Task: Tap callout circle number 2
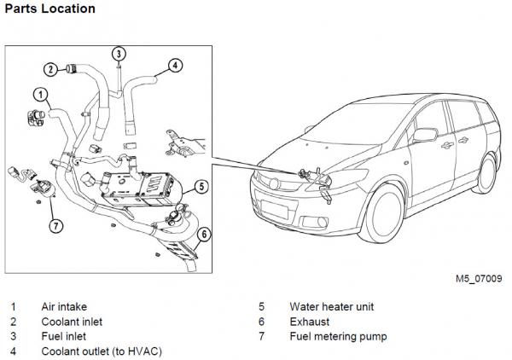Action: pyautogui.click(x=51, y=69)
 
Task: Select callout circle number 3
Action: pyautogui.click(x=119, y=53)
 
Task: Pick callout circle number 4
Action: pyautogui.click(x=174, y=64)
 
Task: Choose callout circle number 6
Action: pyautogui.click(x=204, y=234)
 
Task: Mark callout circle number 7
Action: pyautogui.click(x=55, y=226)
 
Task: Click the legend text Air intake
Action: pyautogui.click(x=64, y=306)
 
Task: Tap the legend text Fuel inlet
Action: pyautogui.click(x=63, y=336)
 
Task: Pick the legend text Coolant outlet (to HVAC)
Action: pyautogui.click(x=102, y=351)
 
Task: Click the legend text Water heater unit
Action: pyautogui.click(x=331, y=306)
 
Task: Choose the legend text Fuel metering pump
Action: pyautogui.click(x=338, y=336)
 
